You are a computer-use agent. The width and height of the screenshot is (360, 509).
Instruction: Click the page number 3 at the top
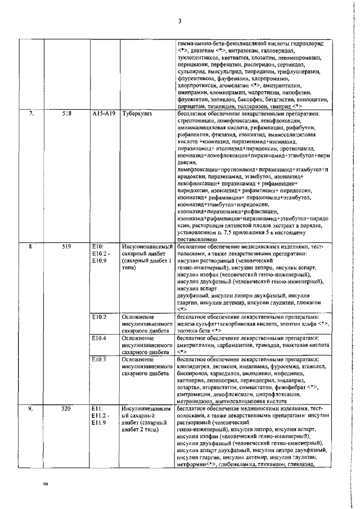pos(179,22)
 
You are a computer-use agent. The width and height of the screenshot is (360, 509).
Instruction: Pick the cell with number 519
pos(67,246)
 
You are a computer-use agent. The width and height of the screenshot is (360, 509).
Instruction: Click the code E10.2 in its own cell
pos(100,317)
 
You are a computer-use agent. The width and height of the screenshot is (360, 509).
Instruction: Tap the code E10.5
pos(100,359)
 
